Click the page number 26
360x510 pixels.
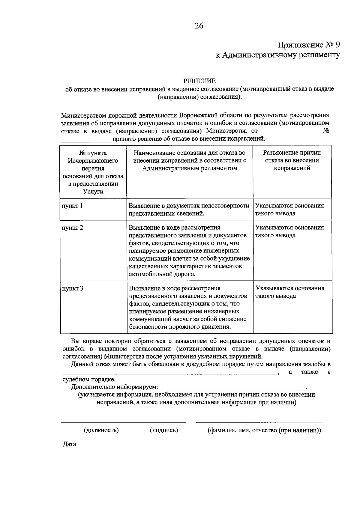tap(199, 26)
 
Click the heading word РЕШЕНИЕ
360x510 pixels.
tap(199, 81)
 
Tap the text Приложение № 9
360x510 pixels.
tap(309, 45)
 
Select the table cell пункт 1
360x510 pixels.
tap(72, 206)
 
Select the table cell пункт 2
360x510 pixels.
tap(72, 228)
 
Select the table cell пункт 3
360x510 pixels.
tap(72, 288)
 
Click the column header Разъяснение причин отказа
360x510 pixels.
tap(292, 160)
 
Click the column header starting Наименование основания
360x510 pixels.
tap(190, 160)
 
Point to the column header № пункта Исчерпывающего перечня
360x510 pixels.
tap(93, 172)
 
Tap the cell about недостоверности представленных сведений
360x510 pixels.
tap(189, 209)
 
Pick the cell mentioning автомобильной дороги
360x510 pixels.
tap(189, 251)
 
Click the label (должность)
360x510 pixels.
tap(101, 430)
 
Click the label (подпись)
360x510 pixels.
tap(164, 430)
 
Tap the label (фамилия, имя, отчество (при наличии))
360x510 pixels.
tap(264, 430)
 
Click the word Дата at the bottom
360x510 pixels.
tap(69, 444)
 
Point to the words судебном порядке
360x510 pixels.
tap(89, 380)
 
